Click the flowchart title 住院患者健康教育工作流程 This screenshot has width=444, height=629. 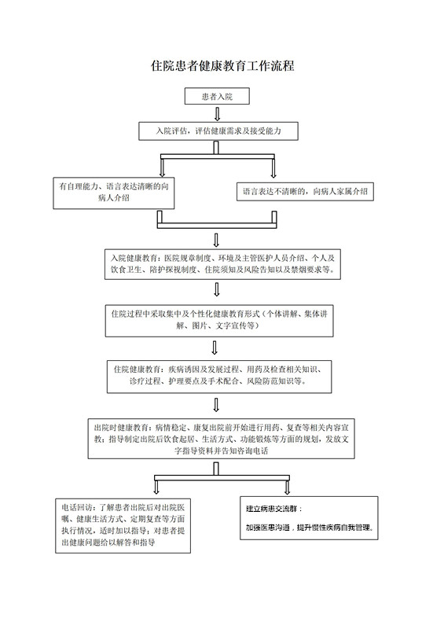pyautogui.click(x=222, y=66)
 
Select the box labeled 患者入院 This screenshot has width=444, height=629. pyautogui.click(x=217, y=96)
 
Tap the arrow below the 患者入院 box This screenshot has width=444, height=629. pyautogui.click(x=217, y=114)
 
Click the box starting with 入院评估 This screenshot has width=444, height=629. pyautogui.click(x=218, y=131)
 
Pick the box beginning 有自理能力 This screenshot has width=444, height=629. pyautogui.click(x=114, y=193)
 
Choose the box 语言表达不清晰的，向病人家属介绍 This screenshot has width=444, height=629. pyautogui.click(x=305, y=192)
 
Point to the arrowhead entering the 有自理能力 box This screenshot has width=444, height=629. pyautogui.click(x=162, y=174)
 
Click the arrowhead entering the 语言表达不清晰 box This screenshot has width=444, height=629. pyautogui.click(x=273, y=174)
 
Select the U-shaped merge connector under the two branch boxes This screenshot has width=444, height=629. pyautogui.click(x=217, y=226)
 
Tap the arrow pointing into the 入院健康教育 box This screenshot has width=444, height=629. pyautogui.click(x=217, y=240)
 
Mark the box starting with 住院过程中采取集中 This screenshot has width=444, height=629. pyautogui.click(x=219, y=322)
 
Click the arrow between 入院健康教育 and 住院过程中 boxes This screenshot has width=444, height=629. pyautogui.click(x=217, y=289)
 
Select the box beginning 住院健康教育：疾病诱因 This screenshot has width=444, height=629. pyautogui.click(x=219, y=377)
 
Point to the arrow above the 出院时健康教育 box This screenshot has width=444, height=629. pyautogui.click(x=216, y=405)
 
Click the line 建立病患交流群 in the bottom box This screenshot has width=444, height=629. pyautogui.click(x=273, y=509)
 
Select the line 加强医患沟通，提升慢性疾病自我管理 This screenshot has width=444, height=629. pyautogui.click(x=310, y=528)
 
